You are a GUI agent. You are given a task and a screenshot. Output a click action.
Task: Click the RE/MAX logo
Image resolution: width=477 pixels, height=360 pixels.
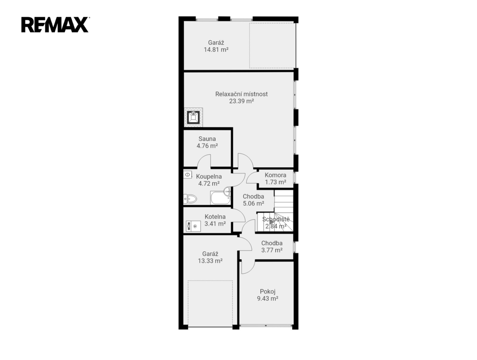pyautogui.click(x=55, y=25)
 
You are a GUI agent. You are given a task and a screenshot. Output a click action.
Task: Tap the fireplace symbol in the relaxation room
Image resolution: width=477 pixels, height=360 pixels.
pyautogui.click(x=193, y=117)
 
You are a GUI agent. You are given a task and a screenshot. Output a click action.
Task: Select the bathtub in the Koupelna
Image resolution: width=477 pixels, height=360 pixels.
pyautogui.click(x=220, y=198)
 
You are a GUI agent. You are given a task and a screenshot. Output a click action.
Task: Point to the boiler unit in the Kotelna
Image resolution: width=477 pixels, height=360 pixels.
pyautogui.click(x=194, y=226)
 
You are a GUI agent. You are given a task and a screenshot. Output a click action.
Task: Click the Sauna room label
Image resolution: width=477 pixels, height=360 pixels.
pyautogui.click(x=207, y=139)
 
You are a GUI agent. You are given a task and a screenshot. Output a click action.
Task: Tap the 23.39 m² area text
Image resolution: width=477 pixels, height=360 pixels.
pyautogui.click(x=242, y=101)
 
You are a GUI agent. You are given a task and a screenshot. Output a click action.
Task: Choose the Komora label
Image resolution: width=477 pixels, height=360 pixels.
pyautogui.click(x=275, y=175)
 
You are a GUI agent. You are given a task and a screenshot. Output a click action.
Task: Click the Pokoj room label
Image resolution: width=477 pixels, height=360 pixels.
pyautogui.click(x=268, y=292)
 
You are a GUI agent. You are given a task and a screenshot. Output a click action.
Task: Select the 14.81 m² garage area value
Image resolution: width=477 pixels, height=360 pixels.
pyautogui.click(x=216, y=50)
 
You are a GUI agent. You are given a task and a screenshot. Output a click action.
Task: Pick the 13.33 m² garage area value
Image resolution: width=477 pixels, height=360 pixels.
pyautogui.click(x=210, y=261)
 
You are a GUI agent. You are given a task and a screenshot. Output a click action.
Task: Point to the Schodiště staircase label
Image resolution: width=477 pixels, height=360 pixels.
pyautogui.click(x=276, y=219)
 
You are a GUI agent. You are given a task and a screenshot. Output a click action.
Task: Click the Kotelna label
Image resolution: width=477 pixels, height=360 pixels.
pyautogui.click(x=215, y=217)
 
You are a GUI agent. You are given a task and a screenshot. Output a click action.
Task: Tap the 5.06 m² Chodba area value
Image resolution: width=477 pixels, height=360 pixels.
pyautogui.click(x=253, y=203)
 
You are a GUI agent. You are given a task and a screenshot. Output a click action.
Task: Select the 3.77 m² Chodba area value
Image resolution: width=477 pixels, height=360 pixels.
pyautogui.click(x=272, y=250)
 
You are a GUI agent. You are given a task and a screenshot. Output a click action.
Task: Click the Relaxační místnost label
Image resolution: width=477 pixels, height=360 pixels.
pyautogui.click(x=242, y=94)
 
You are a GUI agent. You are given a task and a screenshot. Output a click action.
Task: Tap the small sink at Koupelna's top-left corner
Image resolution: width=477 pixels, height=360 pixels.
pyautogui.click(x=188, y=175)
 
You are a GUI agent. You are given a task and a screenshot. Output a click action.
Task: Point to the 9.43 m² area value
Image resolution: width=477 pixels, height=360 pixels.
pyautogui.click(x=268, y=299)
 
